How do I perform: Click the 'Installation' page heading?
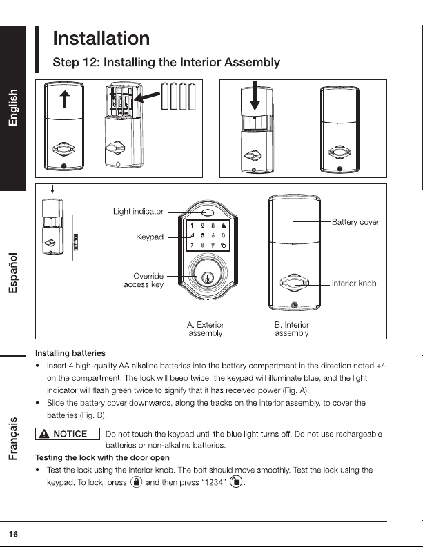tap(101, 39)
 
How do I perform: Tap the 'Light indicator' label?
tap(138, 211)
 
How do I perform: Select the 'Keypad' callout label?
tap(150, 237)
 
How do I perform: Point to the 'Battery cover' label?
tap(355, 222)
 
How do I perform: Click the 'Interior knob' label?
tap(354, 284)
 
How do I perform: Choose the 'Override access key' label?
tap(144, 280)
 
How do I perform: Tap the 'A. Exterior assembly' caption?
tap(205, 329)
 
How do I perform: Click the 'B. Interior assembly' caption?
tap(292, 329)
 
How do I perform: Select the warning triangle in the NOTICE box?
tap(44, 434)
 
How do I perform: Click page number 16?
tap(13, 534)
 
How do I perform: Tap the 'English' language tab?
tap(12, 108)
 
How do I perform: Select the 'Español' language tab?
tap(12, 273)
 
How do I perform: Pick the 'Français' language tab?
tap(13, 439)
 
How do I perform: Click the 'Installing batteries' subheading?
tap(70, 353)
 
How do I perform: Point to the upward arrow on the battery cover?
tap(65, 99)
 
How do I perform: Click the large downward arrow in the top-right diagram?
tap(255, 96)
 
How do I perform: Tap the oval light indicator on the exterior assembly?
tap(208, 212)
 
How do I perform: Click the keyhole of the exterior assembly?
tap(208, 279)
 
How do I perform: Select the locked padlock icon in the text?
tap(136, 482)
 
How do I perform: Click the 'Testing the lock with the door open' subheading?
tap(102, 458)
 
